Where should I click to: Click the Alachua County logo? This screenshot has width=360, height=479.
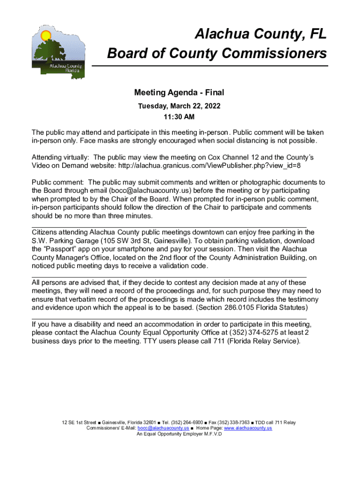pos(58,51)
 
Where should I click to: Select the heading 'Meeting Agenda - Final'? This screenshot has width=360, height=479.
pos(180,93)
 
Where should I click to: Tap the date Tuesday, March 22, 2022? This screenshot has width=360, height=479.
pos(179,106)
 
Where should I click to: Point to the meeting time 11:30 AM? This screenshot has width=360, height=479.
pos(180,116)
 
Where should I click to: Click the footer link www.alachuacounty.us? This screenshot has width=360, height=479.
pos(248,428)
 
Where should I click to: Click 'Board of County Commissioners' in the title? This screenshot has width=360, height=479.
pos(217,53)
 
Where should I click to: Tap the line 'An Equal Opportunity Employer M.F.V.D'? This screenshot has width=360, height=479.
pos(179,434)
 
